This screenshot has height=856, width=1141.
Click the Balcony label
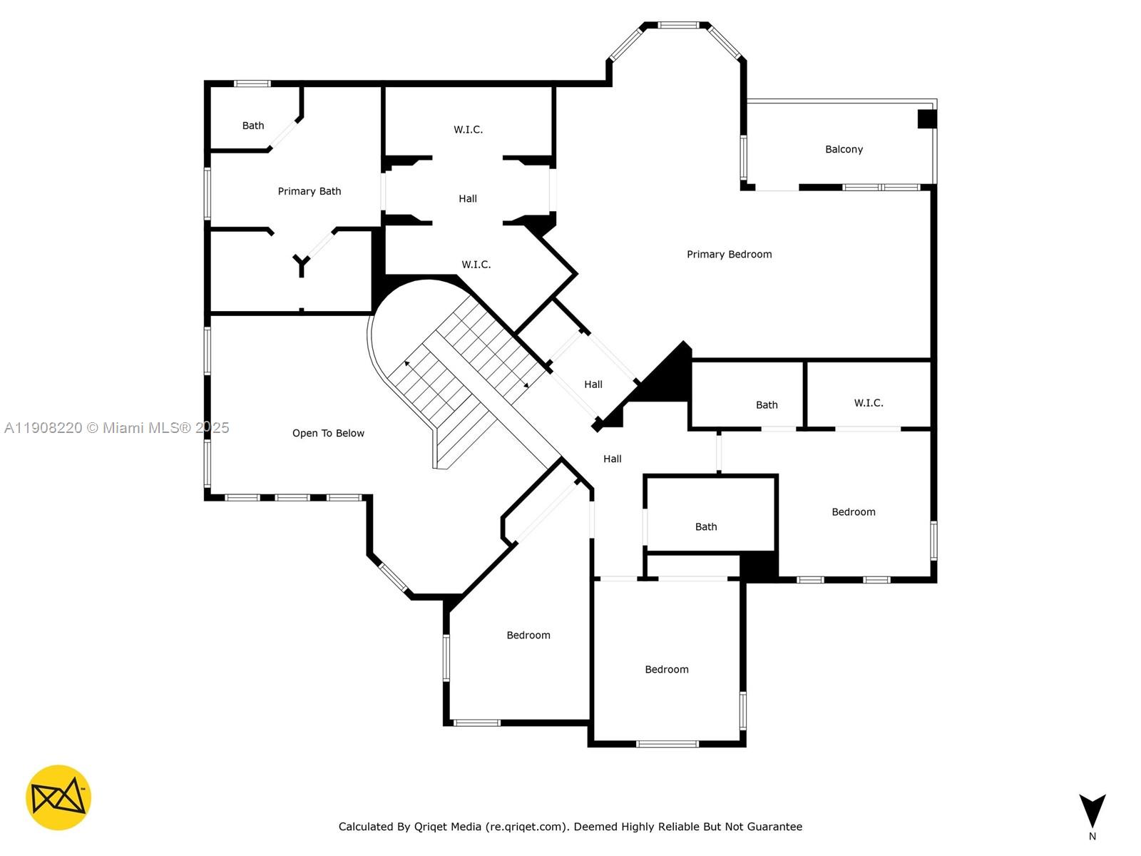[844, 149]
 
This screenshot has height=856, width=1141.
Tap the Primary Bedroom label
[729, 254]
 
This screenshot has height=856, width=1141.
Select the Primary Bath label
[309, 191]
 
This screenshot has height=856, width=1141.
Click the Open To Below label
[328, 433]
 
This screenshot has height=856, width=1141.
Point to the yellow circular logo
[58, 798]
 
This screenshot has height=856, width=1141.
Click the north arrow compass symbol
[1092, 810]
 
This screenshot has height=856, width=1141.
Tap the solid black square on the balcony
[926, 118]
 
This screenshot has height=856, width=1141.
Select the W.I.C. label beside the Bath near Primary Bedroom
[869, 403]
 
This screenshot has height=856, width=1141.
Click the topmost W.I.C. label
[468, 129]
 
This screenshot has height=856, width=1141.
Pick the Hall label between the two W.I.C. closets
[468, 198]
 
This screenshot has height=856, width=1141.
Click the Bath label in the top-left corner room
[253, 126]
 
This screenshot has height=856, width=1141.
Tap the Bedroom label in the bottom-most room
[667, 669]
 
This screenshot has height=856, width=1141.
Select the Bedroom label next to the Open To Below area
[528, 635]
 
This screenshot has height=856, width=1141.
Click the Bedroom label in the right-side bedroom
[854, 511]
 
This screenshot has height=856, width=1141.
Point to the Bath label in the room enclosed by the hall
[706, 526]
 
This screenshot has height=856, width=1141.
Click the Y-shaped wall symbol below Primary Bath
[302, 265]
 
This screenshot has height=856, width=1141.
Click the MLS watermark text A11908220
[43, 427]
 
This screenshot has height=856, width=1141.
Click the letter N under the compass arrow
[1092, 836]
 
